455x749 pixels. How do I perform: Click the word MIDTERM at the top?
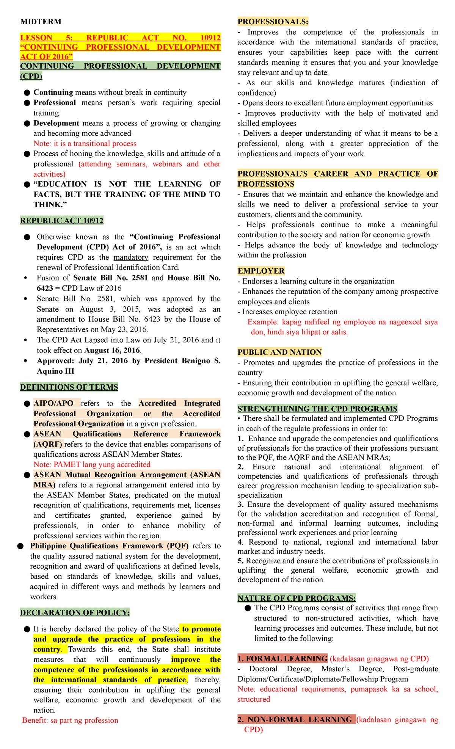point(41,22)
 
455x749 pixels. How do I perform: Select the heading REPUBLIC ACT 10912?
point(62,221)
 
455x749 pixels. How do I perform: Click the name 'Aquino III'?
point(55,371)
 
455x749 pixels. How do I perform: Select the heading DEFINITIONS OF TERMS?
point(69,387)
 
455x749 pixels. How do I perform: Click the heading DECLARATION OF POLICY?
point(75,613)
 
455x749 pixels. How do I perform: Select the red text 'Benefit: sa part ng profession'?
point(70,720)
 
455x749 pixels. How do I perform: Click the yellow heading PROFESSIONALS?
point(273,22)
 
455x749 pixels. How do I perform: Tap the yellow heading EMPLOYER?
point(261,271)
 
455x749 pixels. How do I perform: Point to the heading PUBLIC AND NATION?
point(279,352)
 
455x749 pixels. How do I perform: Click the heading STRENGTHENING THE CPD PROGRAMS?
point(317,409)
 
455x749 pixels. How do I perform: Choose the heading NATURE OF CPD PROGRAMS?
point(297,598)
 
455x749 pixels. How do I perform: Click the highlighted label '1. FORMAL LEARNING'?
point(282,658)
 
